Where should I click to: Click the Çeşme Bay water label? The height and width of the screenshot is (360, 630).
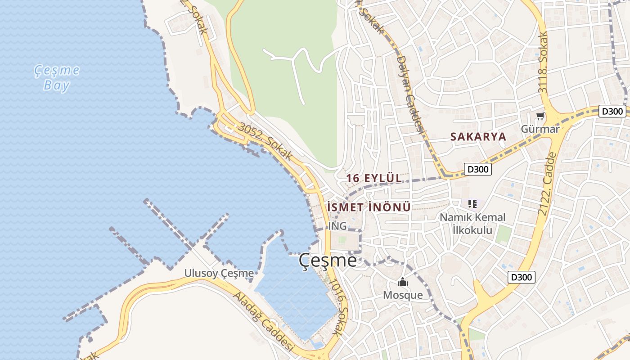(57, 78)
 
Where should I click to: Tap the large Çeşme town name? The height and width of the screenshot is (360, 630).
(328, 261)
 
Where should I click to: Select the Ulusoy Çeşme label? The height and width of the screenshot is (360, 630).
(219, 273)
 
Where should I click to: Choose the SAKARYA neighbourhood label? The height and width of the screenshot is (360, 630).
(478, 137)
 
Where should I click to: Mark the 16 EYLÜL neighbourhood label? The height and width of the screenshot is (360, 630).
(374, 178)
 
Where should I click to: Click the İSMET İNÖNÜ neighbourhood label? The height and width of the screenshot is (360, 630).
(369, 207)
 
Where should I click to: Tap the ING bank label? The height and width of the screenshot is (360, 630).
(337, 226)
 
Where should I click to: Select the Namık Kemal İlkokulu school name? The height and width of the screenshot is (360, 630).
(472, 224)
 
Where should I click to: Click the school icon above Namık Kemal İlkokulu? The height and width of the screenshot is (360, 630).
(472, 204)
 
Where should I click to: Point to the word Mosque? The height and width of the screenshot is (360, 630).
(403, 295)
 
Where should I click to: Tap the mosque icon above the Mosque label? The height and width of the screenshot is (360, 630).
(403, 282)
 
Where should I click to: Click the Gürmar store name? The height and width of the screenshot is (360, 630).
(540, 129)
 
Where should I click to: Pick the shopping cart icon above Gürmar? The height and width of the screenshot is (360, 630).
(540, 116)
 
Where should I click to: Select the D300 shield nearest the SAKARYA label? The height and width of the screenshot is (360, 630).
(477, 169)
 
